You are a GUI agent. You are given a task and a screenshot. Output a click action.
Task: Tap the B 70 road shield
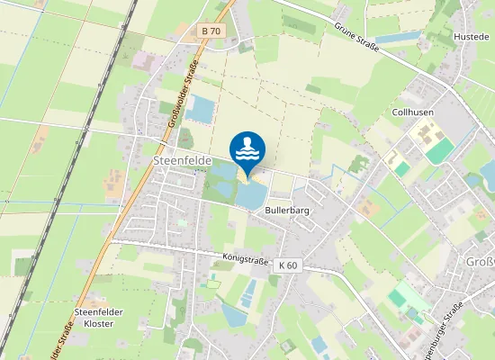(211, 31)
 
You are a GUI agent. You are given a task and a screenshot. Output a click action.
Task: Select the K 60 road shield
(288, 265)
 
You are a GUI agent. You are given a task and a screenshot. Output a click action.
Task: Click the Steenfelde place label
(182, 159)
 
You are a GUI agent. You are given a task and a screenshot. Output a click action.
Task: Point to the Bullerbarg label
(287, 209)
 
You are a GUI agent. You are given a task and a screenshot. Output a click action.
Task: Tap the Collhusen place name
(414, 112)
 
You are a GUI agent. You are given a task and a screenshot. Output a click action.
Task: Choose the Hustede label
(472, 37)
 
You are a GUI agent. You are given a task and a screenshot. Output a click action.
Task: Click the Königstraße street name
(247, 258)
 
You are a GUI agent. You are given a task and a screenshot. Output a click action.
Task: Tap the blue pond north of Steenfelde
(201, 110)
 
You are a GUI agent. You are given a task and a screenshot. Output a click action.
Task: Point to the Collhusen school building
(423, 136)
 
